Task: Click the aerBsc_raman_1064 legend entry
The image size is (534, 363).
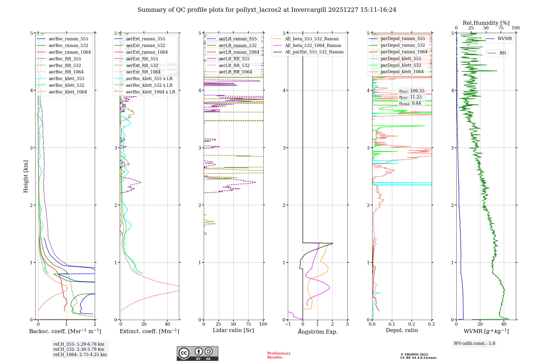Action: click(69, 52)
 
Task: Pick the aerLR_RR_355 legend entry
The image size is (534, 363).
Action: click(234, 59)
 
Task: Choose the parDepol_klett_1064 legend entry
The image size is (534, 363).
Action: click(402, 72)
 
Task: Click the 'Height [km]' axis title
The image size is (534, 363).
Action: click(26, 176)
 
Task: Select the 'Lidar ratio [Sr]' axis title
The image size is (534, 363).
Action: click(233, 330)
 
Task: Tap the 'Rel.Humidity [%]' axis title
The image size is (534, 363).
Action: click(486, 23)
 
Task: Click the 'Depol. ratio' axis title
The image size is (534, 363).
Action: click(402, 330)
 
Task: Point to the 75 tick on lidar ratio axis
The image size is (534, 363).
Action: click(248, 324)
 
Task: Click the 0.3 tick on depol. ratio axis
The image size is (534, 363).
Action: click(431, 324)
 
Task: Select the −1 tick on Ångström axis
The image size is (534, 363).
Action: click(288, 324)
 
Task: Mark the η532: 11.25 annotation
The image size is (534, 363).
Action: click(410, 97)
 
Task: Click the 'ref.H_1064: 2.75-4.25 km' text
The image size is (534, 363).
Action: click(80, 355)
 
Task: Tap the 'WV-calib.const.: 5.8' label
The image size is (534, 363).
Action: click(474, 344)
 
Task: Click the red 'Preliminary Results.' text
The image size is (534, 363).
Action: click(279, 355)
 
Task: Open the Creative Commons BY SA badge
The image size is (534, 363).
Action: click(197, 354)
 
